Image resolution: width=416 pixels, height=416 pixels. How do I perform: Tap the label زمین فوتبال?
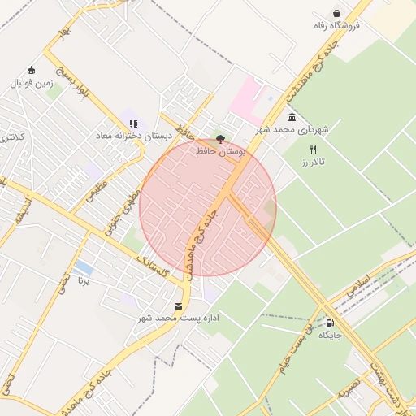(31, 83)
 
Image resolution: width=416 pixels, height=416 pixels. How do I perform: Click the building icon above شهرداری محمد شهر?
(292, 116)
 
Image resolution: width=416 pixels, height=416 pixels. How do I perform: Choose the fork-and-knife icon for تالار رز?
(313, 149)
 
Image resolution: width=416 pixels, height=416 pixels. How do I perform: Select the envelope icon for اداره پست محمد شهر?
(178, 305)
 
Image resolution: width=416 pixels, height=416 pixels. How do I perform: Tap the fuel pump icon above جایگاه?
(329, 322)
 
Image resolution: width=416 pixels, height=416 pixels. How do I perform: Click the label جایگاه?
(331, 335)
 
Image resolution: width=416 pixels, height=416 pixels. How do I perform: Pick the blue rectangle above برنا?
(82, 267)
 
